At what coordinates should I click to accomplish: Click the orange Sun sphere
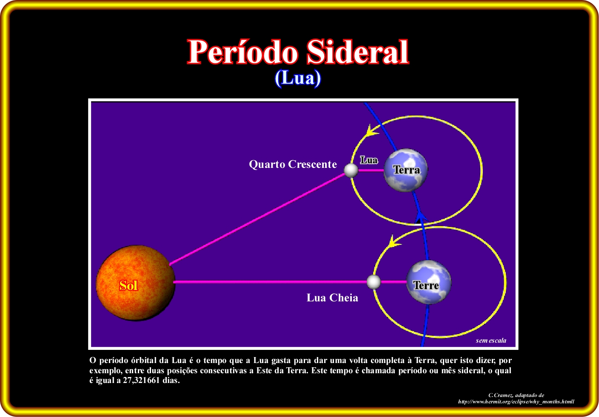(x=136, y=283)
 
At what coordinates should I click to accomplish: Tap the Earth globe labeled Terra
(x=405, y=170)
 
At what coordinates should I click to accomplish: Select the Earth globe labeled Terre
(x=428, y=282)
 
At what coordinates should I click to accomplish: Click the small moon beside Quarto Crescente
(x=351, y=170)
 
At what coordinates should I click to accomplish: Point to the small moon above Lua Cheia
(x=374, y=282)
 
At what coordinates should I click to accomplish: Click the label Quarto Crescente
(x=293, y=164)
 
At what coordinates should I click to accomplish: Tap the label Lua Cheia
(x=332, y=298)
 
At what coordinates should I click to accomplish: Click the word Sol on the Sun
(x=128, y=285)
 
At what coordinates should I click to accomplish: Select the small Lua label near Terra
(x=369, y=160)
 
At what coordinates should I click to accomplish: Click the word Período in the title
(x=242, y=51)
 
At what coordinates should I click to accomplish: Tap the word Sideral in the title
(x=357, y=51)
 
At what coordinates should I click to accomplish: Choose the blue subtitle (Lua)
(x=298, y=78)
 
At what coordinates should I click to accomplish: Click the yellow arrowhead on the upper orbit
(x=372, y=130)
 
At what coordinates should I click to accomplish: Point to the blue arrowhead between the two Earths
(x=421, y=216)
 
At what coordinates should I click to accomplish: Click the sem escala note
(x=491, y=340)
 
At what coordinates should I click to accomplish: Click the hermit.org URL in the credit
(x=516, y=402)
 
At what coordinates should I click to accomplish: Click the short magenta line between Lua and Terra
(x=371, y=170)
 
